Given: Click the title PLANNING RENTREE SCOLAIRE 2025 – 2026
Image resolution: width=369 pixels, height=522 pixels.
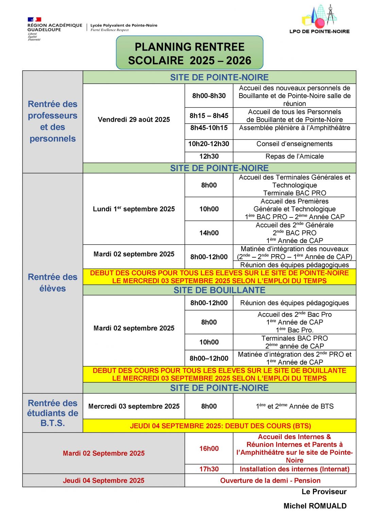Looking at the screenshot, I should [190, 53].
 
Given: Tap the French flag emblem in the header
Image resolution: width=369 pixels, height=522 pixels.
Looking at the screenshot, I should [34, 20].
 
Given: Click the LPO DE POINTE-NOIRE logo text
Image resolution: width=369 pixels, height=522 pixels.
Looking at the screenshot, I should [319, 31].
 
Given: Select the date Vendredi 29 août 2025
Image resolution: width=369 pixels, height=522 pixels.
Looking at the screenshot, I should [134, 120].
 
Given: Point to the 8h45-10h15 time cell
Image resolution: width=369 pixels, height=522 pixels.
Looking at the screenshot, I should [209, 128].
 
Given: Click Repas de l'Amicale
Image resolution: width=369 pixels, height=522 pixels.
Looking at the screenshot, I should [295, 156].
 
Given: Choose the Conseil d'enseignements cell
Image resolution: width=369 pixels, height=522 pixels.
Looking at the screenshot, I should [295, 144].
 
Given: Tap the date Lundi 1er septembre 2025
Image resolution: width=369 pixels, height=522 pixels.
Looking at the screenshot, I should [134, 209].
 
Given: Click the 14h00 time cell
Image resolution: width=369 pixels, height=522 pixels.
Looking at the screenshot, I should [209, 233].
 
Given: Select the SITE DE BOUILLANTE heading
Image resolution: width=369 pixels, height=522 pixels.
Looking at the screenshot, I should [219, 290].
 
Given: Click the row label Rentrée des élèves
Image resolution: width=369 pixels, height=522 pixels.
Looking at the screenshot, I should [53, 283].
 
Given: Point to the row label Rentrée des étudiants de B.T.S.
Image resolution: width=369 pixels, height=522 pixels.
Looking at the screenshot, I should [53, 413].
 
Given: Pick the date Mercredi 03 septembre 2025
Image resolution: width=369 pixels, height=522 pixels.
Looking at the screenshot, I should [134, 406].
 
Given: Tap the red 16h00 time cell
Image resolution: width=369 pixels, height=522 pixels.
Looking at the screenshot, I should [209, 449].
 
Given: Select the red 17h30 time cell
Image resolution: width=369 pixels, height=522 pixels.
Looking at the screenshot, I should [209, 469].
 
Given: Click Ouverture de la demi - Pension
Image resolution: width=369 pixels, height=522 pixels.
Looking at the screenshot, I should [270, 481].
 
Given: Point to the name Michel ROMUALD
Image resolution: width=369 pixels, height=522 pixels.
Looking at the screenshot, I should [315, 506].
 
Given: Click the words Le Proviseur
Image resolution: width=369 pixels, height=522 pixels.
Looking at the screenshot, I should [324, 492].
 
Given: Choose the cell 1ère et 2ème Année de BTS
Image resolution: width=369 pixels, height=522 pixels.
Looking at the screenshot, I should [295, 406].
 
